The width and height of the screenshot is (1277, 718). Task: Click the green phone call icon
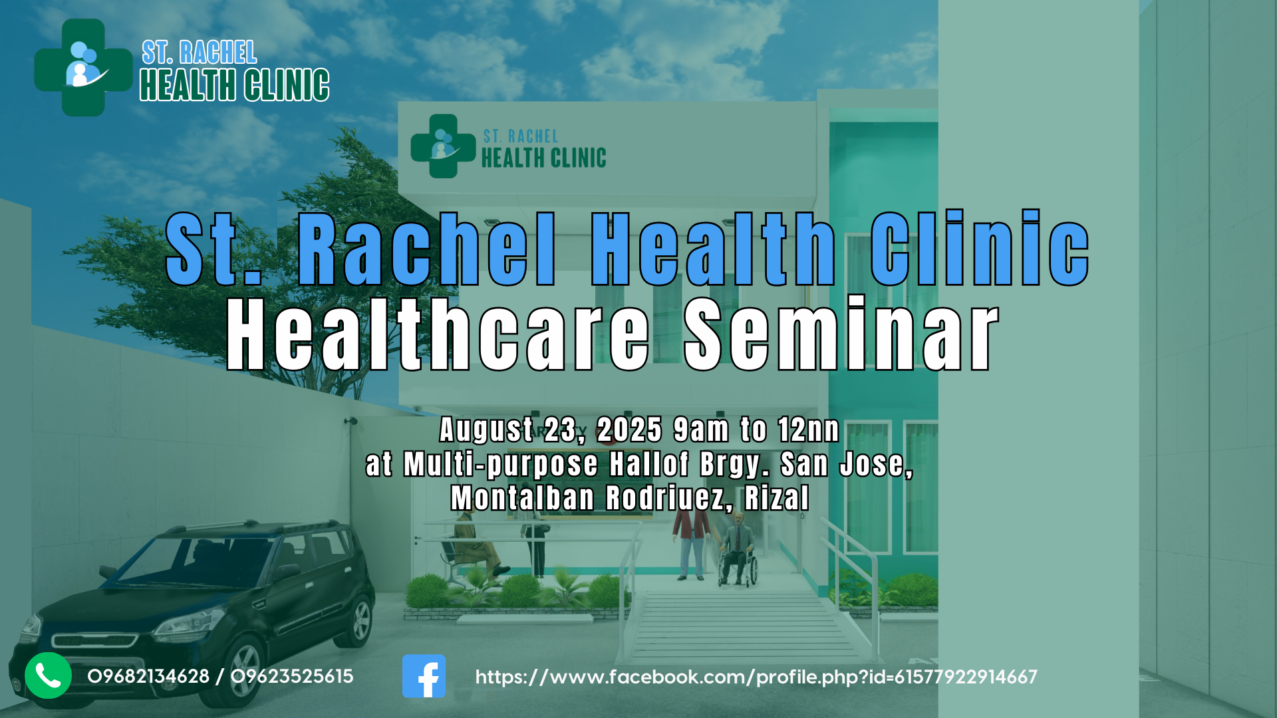(x=48, y=675)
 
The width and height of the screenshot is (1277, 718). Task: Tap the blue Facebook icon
(x=424, y=676)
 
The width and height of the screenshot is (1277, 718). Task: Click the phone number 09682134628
(x=148, y=677)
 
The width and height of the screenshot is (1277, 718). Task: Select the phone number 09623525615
(x=292, y=677)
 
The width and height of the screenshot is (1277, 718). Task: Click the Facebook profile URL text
(x=756, y=677)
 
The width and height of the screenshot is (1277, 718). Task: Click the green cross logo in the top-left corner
(x=83, y=67)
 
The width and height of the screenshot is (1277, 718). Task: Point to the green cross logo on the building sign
(x=443, y=146)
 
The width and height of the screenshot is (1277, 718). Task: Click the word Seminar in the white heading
(x=842, y=334)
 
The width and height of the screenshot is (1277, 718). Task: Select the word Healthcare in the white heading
(x=438, y=334)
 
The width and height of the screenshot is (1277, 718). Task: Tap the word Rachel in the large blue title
(x=426, y=249)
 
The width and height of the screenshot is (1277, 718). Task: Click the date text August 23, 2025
(x=551, y=429)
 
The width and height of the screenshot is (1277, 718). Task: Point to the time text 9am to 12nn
(x=756, y=429)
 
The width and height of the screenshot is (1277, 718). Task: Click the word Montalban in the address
(x=523, y=498)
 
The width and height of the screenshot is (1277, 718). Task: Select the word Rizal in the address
(x=777, y=498)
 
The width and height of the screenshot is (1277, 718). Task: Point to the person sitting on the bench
(x=474, y=549)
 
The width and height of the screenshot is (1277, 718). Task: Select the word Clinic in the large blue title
(x=979, y=248)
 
